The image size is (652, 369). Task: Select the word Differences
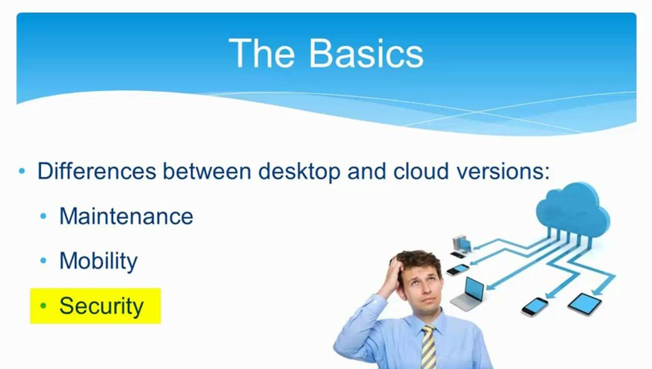point(96,171)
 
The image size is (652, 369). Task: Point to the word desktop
point(299,171)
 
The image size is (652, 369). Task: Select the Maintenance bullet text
point(126,216)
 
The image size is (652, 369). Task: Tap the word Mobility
point(98,261)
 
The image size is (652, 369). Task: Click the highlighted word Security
point(101,306)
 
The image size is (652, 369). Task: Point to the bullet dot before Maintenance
point(44,217)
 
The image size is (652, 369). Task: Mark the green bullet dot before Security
point(44,306)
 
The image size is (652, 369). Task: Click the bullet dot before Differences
point(22,171)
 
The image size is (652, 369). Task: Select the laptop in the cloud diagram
point(468,294)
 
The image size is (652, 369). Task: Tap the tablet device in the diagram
point(584,304)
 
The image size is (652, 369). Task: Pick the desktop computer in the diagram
point(460,245)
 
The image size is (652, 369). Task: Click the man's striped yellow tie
point(428,348)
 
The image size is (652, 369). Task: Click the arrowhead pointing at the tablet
point(595,292)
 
